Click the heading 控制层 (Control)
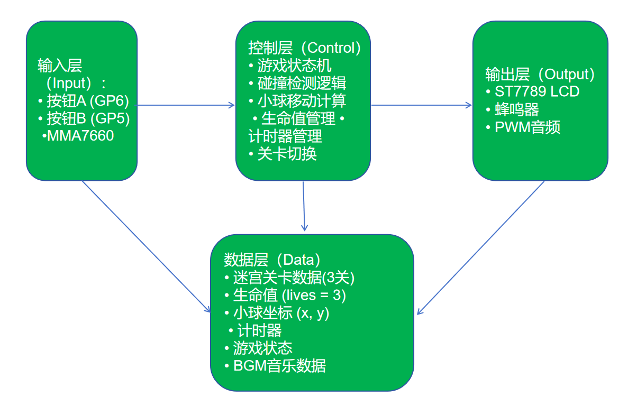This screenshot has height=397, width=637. pos(305,48)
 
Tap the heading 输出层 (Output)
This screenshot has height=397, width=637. pos(540,74)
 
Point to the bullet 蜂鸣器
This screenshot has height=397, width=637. pos(516,109)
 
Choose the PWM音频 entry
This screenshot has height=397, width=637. pos(527,127)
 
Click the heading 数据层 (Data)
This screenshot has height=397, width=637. pos(272,260)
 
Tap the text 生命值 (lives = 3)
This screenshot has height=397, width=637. pos(289,295)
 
